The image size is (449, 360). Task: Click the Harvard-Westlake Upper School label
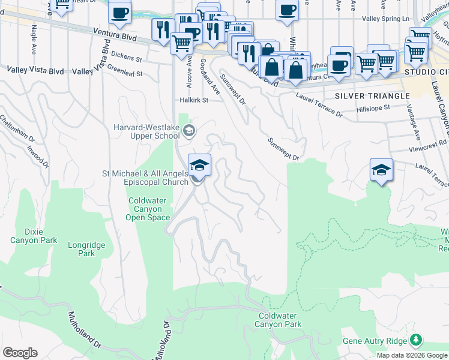tap(146, 131)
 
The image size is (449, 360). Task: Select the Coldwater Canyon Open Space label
tap(143, 209)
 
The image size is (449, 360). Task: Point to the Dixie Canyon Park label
tap(34, 236)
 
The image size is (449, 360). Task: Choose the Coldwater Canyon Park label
tap(278, 319)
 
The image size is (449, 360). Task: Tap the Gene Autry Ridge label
tap(373, 341)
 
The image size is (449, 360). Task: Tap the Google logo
tap(20, 353)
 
